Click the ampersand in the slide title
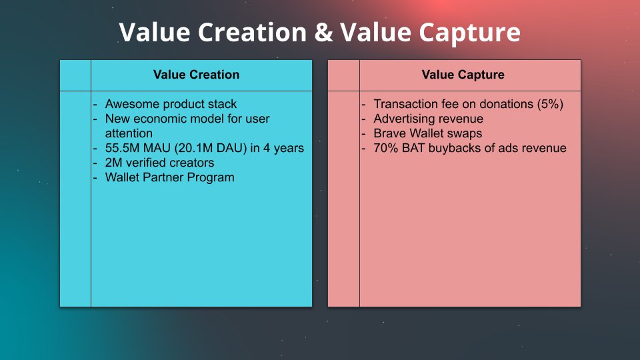click(x=323, y=32)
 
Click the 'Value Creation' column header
click(x=196, y=75)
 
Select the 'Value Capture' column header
click(x=463, y=75)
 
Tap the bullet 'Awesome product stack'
click(x=171, y=104)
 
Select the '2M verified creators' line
click(x=159, y=163)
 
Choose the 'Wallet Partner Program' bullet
click(x=169, y=177)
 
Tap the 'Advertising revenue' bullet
click(x=428, y=119)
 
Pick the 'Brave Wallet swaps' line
click(x=427, y=133)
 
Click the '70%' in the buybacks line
click(x=387, y=148)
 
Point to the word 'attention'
click(x=129, y=133)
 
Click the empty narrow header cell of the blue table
click(x=75, y=75)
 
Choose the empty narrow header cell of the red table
click(x=343, y=75)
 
